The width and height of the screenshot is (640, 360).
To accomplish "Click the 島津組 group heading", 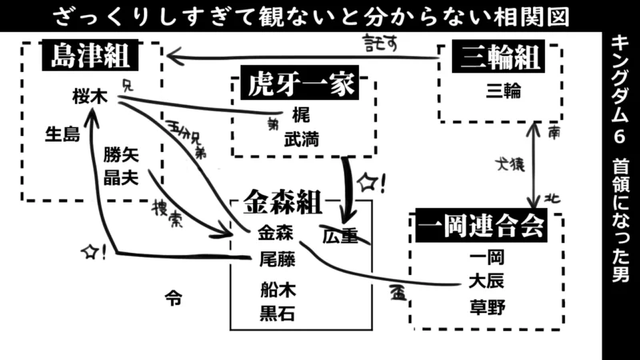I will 91,58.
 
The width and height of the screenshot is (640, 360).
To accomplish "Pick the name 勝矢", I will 122,156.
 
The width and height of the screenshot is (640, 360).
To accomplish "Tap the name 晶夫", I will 122,177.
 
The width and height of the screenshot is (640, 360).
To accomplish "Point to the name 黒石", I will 277,313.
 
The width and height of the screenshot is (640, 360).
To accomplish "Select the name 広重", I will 339,236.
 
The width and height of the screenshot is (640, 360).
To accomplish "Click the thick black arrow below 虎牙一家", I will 347,188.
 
